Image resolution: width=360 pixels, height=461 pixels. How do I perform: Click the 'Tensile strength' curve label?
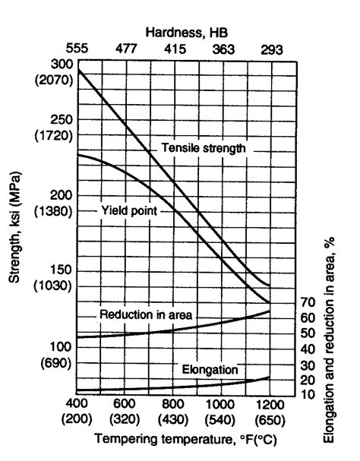[x=203, y=148]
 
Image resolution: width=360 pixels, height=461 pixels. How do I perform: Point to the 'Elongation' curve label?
[x=210, y=370]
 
